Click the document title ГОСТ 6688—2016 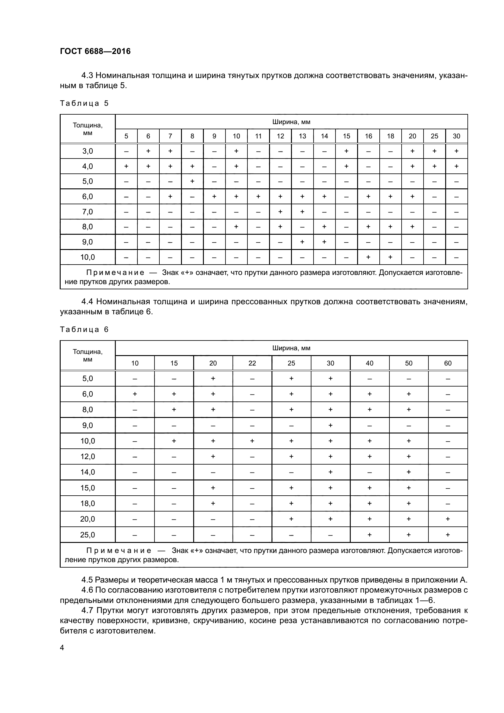[x=95, y=51]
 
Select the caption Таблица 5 [x=84, y=103]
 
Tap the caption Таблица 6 [x=84, y=330]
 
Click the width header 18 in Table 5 [x=390, y=136]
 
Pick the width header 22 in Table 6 [x=252, y=363]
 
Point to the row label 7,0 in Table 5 [x=87, y=212]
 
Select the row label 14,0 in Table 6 [x=87, y=472]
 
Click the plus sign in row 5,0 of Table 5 [x=192, y=181]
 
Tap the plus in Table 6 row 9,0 [x=331, y=425]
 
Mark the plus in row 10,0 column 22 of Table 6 [x=252, y=441]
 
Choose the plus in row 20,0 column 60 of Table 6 [x=448, y=519]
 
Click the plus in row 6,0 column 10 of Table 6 [x=135, y=394]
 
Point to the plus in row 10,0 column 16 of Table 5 [x=368, y=257]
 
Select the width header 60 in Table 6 [x=448, y=363]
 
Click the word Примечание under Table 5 [x=115, y=273]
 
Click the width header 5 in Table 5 [x=126, y=136]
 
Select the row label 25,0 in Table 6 [x=87, y=535]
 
